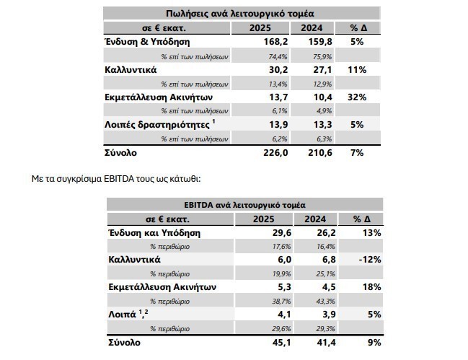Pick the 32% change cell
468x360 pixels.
pos(356,97)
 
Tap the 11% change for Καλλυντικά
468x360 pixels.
pos(356,69)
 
